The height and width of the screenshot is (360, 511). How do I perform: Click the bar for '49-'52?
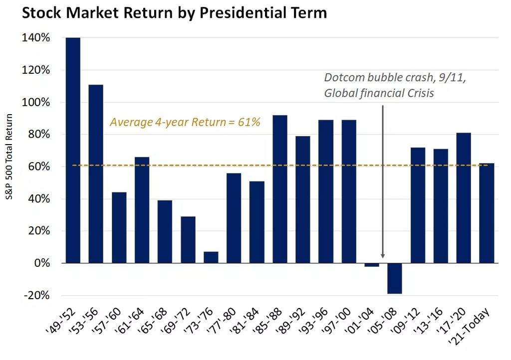(73, 150)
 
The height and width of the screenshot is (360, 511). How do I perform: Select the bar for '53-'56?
(96, 174)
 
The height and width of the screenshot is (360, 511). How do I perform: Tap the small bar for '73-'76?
(211, 257)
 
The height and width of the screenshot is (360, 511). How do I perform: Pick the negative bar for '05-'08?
(395, 278)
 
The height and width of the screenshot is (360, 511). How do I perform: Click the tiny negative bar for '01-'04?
(372, 265)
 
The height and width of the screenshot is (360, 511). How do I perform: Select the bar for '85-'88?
(280, 189)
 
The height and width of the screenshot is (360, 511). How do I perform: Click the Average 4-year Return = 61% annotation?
(185, 122)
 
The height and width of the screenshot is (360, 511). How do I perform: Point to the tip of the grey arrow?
(383, 259)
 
